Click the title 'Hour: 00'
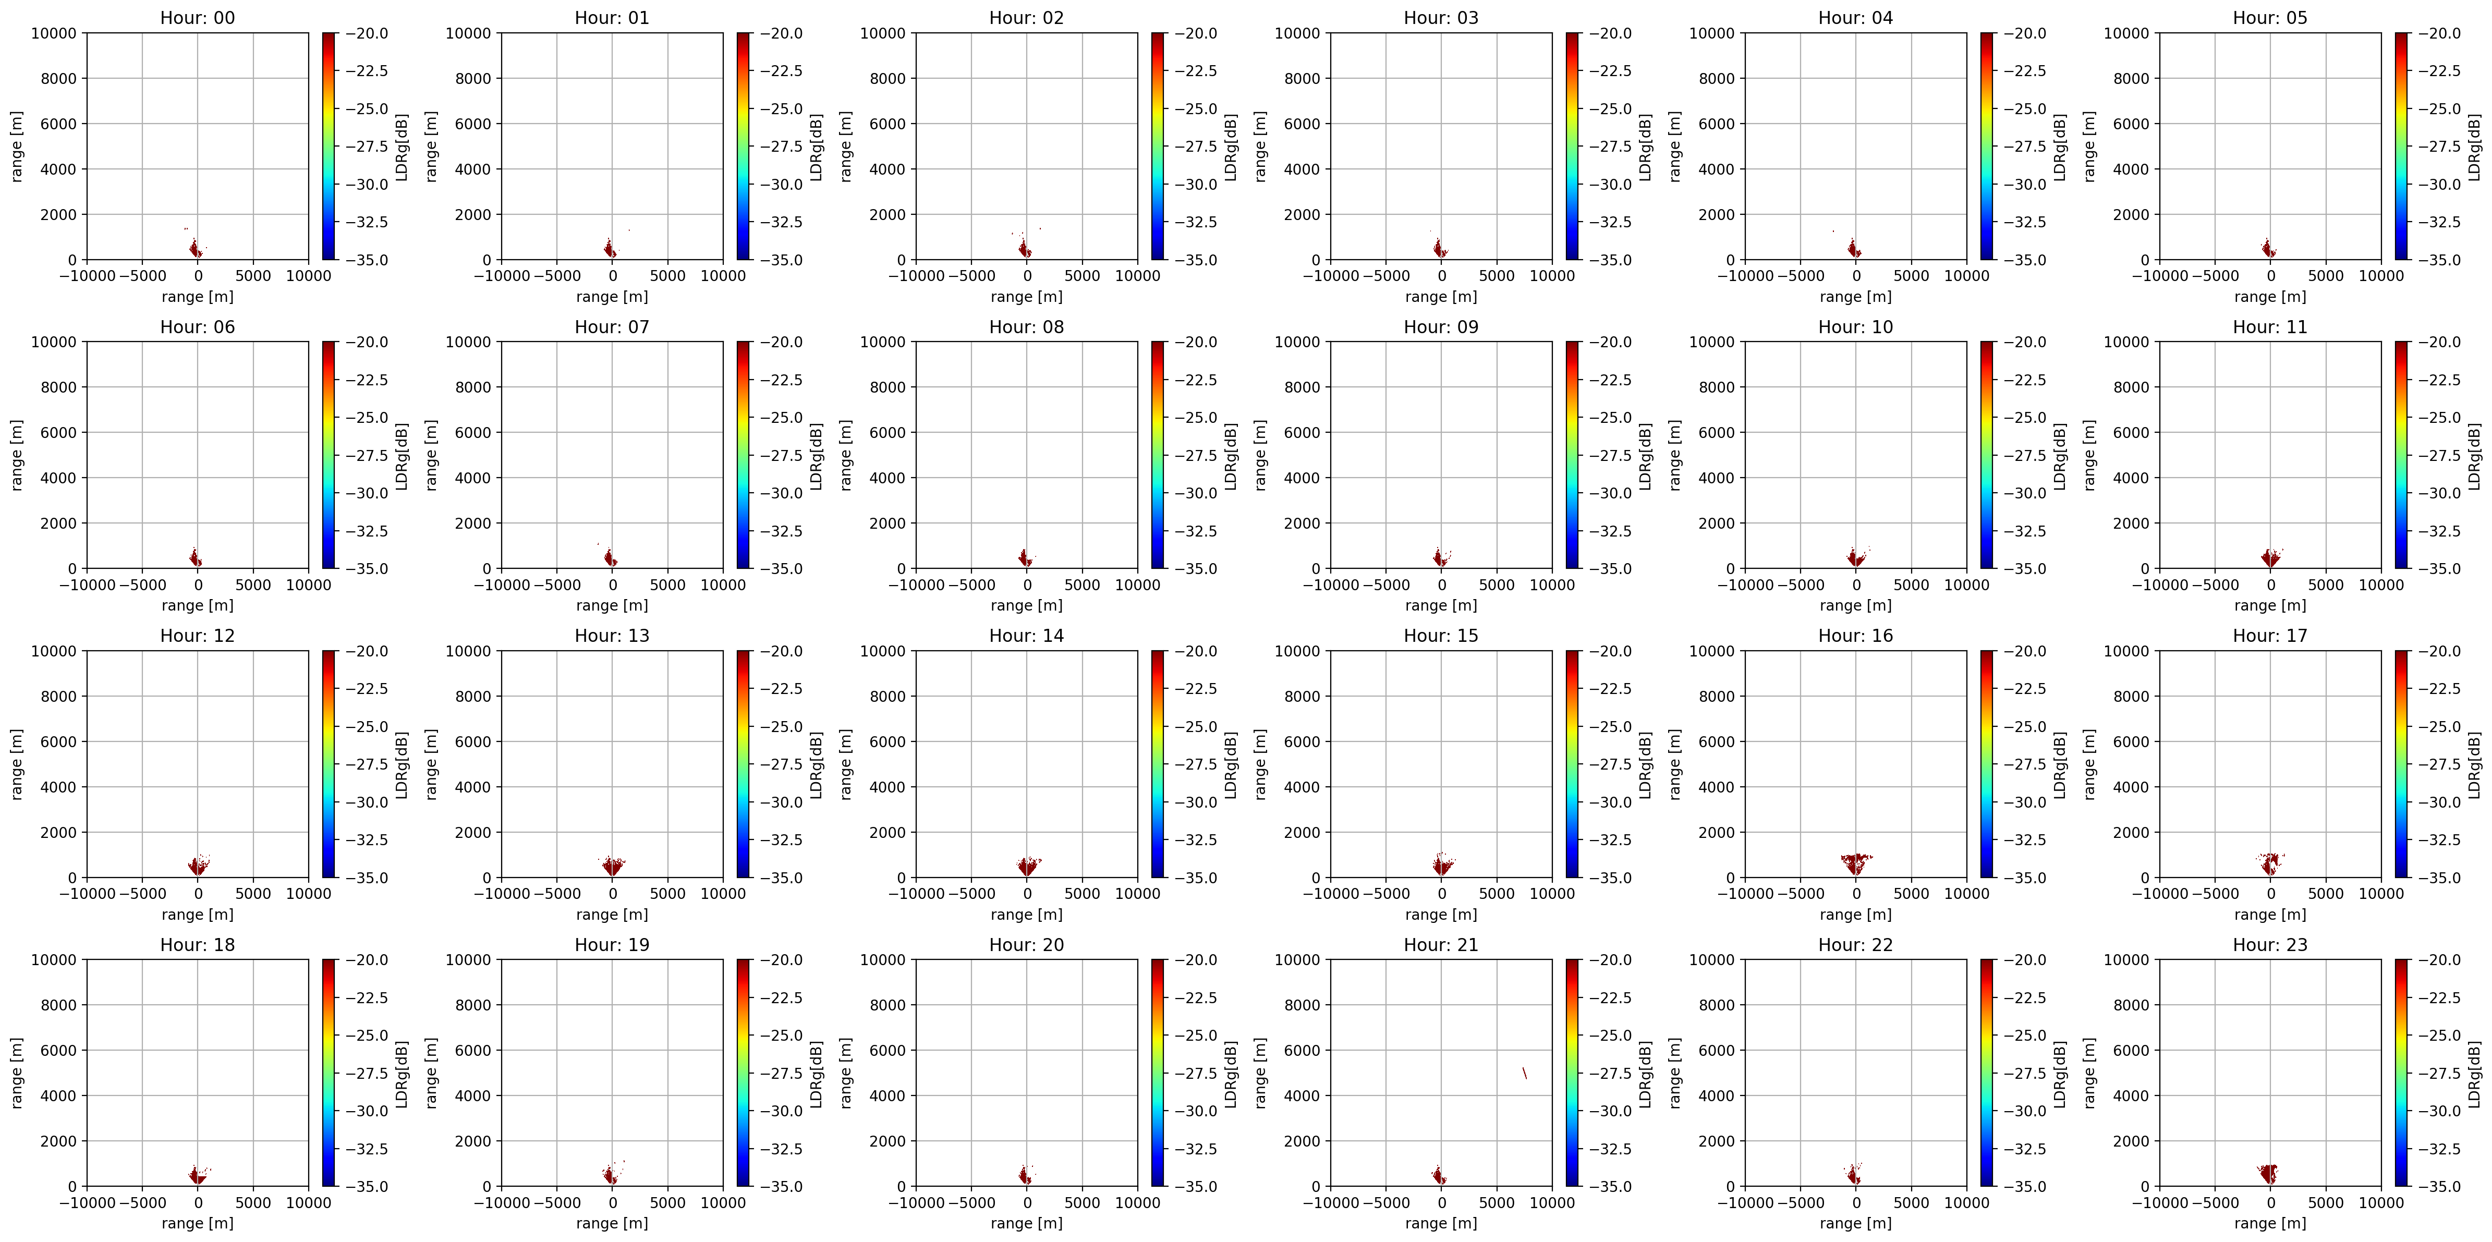[197, 17]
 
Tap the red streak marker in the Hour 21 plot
[1525, 1073]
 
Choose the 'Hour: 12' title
[197, 636]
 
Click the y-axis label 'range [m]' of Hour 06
[17, 455]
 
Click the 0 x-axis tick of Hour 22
[1855, 1202]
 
